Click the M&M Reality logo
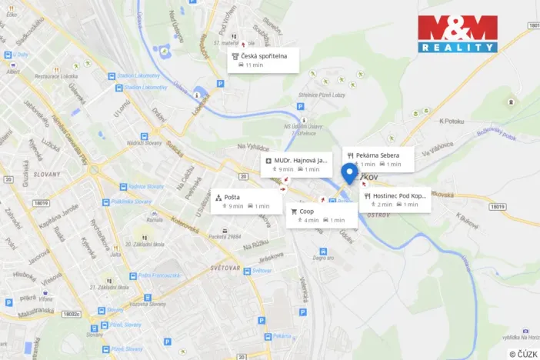click(458, 34)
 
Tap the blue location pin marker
click(349, 173)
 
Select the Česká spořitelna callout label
click(264, 60)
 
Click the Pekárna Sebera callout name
click(377, 155)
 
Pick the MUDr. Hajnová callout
click(298, 165)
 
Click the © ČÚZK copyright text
click(522, 353)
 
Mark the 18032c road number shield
click(72, 314)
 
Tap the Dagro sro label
click(324, 258)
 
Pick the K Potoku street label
click(454, 122)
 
